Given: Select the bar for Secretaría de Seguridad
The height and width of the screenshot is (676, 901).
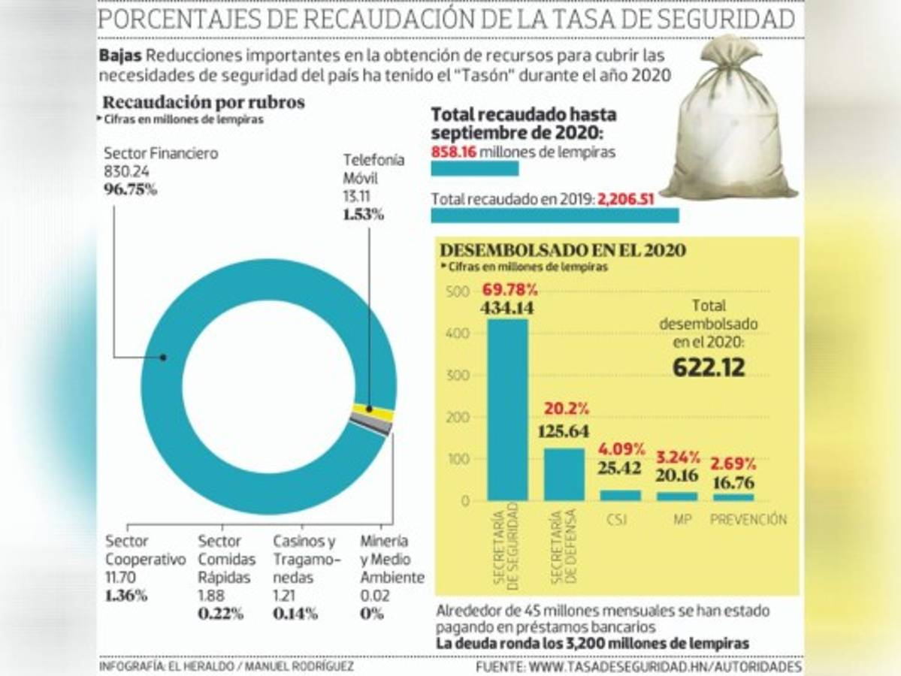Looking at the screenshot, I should click(x=507, y=409).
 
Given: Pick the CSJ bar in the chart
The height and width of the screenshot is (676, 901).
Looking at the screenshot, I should click(x=621, y=496).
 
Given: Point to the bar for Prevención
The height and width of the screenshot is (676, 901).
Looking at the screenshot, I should click(x=733, y=497).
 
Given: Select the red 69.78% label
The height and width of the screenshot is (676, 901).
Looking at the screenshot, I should click(x=510, y=290).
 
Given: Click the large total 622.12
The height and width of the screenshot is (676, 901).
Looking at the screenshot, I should click(x=709, y=368).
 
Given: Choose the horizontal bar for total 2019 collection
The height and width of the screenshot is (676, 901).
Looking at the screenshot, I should click(x=555, y=216).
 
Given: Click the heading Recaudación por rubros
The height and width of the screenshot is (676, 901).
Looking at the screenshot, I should click(x=204, y=103).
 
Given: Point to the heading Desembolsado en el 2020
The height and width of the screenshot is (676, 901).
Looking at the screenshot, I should click(x=562, y=250).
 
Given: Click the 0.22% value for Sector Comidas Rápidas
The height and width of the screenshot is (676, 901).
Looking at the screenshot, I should click(x=220, y=613).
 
